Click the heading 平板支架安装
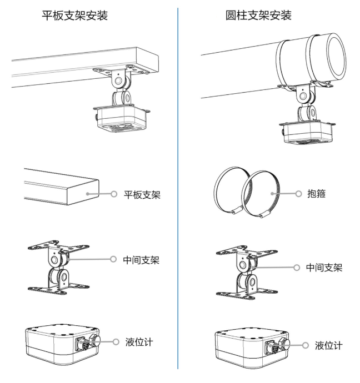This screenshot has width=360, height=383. point(75,16)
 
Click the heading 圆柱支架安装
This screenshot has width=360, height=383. point(258,16)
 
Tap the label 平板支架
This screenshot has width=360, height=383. point(142,195)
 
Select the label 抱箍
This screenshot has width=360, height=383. point(317,194)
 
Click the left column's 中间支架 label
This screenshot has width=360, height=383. point(141,260)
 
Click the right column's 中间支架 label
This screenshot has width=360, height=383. point(324,268)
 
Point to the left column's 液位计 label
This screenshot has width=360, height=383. point(139,342)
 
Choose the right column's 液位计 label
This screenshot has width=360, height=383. point(329,346)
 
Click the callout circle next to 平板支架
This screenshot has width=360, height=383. point(114,194)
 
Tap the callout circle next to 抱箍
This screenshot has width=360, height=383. point(298,194)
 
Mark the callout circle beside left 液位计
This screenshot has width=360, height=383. point(116,342)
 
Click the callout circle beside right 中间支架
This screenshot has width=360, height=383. point(297,268)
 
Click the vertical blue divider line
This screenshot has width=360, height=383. point(178,188)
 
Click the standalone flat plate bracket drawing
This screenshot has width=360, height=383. point(62,187)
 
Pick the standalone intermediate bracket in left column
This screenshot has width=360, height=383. point(58,268)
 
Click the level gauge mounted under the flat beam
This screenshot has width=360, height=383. point(122,118)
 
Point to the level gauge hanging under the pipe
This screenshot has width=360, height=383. point(307,133)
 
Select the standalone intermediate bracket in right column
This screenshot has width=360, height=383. point(247,273)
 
